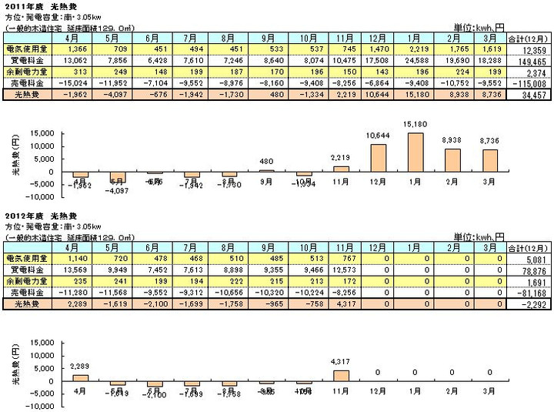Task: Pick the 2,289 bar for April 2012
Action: coord(81,377)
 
